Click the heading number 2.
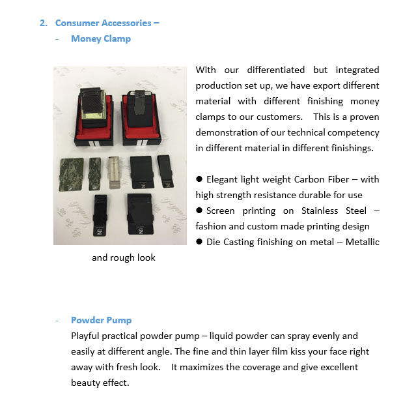point(43,23)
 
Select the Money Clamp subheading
point(101,38)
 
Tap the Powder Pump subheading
point(101,320)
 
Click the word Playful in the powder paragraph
point(87,336)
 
